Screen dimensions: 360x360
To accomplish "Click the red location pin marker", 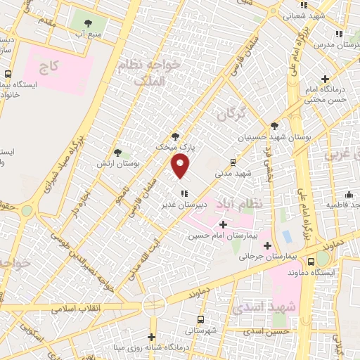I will click(x=181, y=166).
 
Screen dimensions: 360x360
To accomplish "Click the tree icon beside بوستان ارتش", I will click(x=117, y=152).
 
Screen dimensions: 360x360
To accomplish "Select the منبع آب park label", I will click(x=89, y=32).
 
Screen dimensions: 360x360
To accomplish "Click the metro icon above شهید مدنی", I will click(x=233, y=161).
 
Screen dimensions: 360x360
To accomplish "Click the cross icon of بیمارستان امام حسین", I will click(x=224, y=225).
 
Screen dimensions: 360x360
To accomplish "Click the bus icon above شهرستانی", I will click(x=201, y=319).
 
